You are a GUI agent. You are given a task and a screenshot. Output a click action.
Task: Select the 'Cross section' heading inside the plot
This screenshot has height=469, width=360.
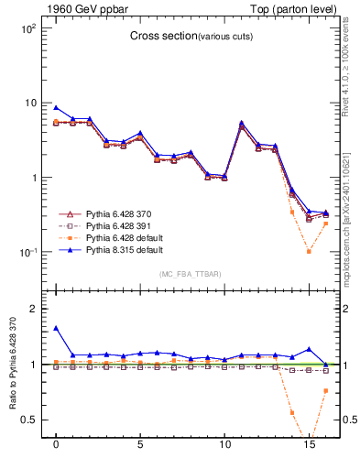[x=159, y=37]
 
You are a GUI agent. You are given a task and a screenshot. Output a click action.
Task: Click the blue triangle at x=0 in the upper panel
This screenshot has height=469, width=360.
[x=56, y=107]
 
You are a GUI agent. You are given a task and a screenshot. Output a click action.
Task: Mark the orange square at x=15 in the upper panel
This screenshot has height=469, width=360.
[x=309, y=251]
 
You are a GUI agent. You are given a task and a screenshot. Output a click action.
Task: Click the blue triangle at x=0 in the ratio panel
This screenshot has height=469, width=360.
[x=56, y=328]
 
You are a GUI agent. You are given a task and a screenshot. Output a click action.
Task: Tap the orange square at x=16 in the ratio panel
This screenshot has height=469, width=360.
[x=325, y=391]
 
